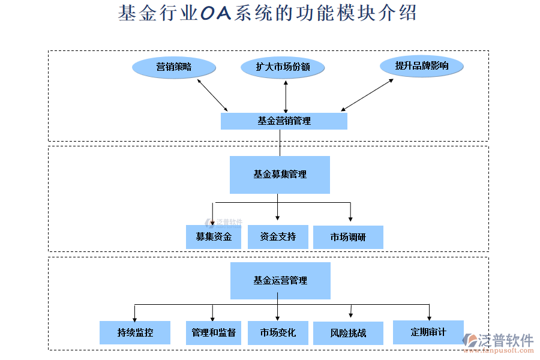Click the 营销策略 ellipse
click(173, 67)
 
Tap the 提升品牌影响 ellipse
click(421, 66)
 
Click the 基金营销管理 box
click(284, 121)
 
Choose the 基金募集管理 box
click(280, 175)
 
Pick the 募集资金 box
click(213, 237)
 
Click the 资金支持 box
click(278, 236)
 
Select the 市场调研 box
click(348, 237)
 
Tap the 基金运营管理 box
click(280, 280)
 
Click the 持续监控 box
click(135, 332)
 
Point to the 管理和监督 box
click(213, 332)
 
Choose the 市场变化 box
click(278, 332)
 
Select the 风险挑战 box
click(348, 332)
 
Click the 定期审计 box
click(428, 331)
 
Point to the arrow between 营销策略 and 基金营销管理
click(212, 95)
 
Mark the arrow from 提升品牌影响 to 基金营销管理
click(367, 95)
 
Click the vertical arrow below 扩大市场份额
click(286, 95)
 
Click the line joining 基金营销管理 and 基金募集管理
click(280, 143)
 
